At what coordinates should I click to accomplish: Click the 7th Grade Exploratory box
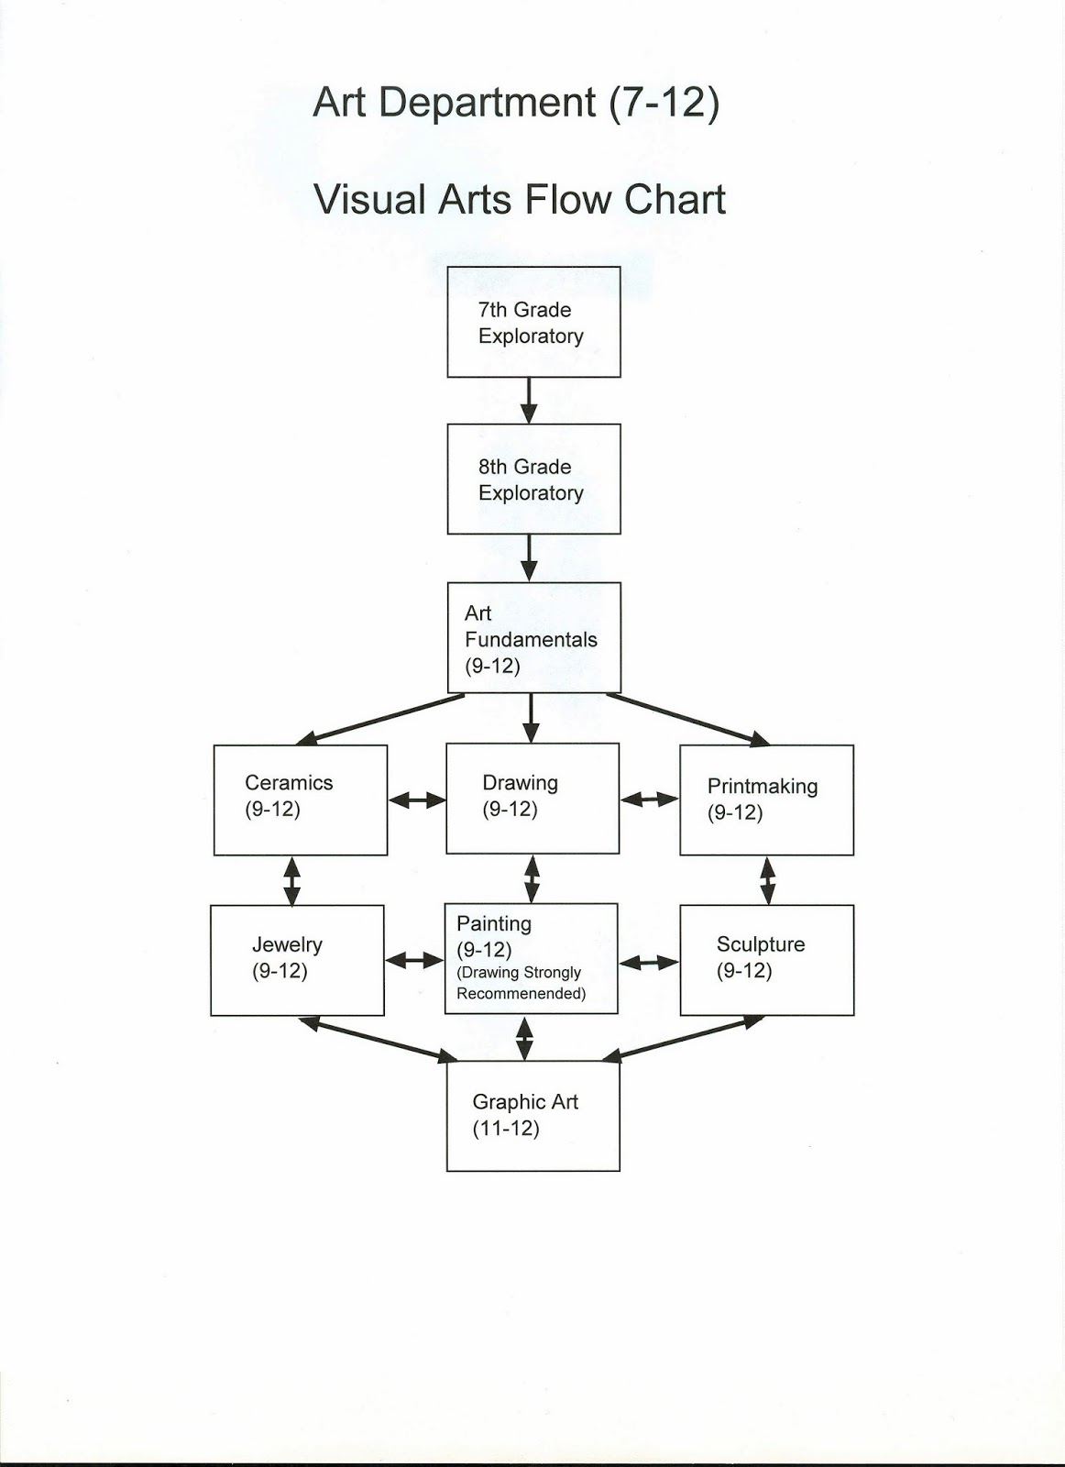(533, 322)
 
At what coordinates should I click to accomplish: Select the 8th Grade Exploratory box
(533, 479)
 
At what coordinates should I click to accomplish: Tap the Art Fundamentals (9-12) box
(533, 637)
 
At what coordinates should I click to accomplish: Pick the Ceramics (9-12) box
(301, 800)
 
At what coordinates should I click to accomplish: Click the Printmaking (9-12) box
(766, 800)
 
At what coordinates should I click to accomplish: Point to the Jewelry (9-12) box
(297, 960)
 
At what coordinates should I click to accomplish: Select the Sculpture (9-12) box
(766, 960)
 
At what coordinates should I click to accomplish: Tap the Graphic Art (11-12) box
(532, 1116)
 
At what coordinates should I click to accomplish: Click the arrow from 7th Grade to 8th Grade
(529, 401)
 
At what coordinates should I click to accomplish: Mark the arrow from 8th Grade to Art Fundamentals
(530, 557)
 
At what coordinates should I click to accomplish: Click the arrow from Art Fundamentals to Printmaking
(687, 719)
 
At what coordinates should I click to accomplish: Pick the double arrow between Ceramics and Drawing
(417, 800)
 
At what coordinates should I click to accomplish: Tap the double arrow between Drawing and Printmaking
(649, 800)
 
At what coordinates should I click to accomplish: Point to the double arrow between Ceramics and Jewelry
(291, 880)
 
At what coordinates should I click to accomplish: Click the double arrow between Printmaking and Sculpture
(767, 880)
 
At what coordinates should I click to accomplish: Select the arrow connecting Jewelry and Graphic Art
(378, 1040)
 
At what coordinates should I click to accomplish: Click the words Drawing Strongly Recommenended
(521, 983)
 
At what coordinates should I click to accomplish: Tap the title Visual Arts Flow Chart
(520, 200)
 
